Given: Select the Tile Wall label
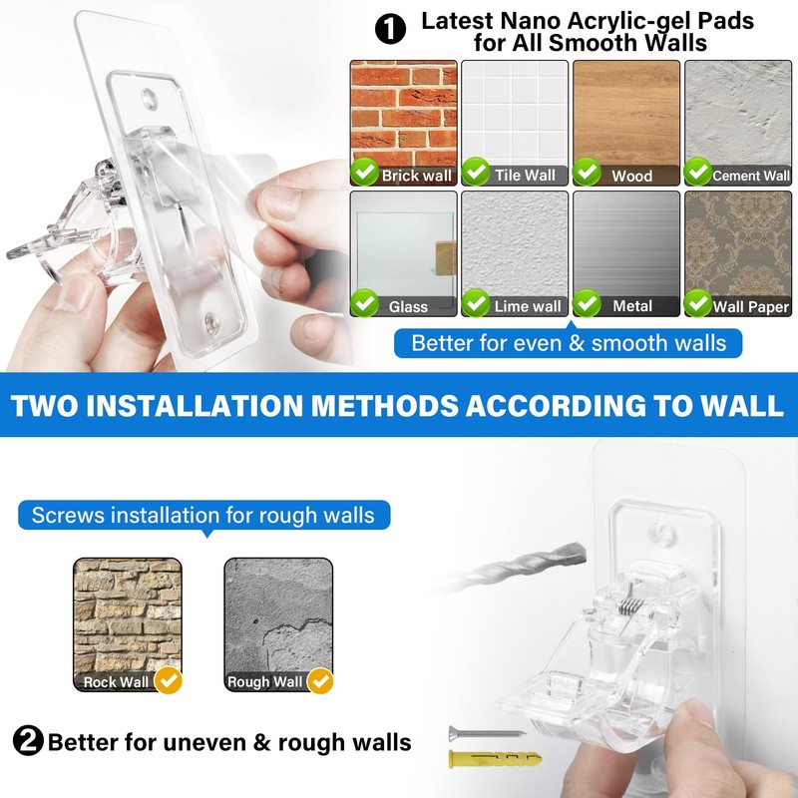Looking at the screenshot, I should pos(525,176).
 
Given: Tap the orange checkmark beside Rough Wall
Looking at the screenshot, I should pos(319,680).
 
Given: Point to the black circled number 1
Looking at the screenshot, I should pos(390,29).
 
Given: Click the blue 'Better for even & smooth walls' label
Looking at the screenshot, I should pos(569,343).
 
